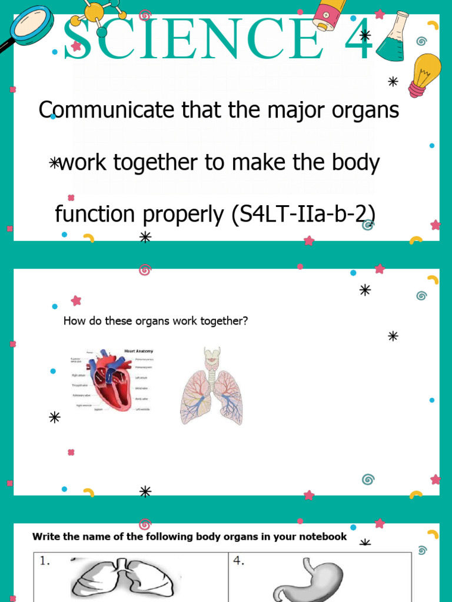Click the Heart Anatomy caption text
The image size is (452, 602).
pyautogui.click(x=138, y=351)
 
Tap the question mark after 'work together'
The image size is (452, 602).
pyautogui.click(x=245, y=321)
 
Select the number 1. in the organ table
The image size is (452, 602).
pyautogui.click(x=45, y=561)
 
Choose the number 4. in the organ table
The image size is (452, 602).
pyautogui.click(x=238, y=561)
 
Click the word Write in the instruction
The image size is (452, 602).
pyautogui.click(x=45, y=536)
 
